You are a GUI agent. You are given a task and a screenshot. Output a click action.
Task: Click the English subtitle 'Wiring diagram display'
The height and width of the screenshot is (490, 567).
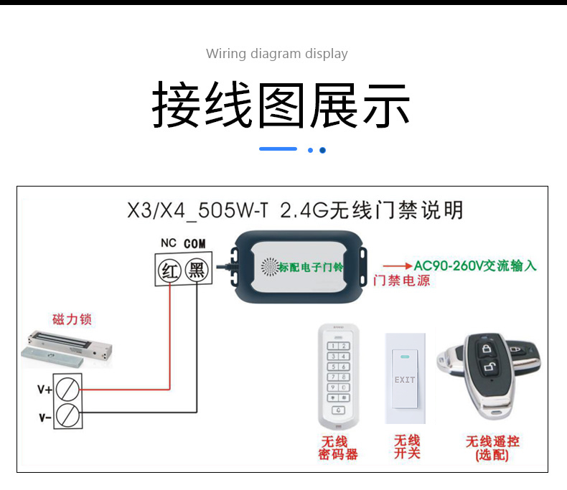(277, 54)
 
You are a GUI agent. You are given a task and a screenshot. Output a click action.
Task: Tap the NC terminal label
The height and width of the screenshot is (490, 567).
(169, 242)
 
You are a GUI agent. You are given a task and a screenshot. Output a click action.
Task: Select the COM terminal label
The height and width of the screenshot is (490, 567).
(195, 244)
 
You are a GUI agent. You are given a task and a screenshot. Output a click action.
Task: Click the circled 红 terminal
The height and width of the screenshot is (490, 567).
(169, 270)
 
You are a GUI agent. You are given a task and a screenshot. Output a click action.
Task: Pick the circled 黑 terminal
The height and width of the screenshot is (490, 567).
(197, 270)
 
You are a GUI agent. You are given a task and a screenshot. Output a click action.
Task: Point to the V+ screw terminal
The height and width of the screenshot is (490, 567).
(67, 389)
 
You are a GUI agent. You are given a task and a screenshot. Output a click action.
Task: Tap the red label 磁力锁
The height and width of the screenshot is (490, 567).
(72, 319)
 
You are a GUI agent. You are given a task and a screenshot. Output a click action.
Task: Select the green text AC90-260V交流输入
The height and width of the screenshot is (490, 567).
(475, 265)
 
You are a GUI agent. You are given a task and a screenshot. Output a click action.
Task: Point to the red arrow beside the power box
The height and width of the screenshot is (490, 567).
(398, 266)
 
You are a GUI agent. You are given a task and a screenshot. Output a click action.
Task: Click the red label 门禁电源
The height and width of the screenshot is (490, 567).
(402, 281)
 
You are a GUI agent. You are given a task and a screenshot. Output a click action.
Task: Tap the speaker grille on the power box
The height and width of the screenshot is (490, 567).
(270, 267)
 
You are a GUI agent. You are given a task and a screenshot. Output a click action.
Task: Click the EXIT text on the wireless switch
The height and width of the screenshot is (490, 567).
(405, 380)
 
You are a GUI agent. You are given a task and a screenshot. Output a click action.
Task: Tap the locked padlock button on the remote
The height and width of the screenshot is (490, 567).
(487, 349)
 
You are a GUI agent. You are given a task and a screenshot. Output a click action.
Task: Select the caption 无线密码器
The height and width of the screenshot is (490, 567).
(338, 448)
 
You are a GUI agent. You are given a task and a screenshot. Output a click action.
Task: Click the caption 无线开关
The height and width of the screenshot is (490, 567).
(407, 447)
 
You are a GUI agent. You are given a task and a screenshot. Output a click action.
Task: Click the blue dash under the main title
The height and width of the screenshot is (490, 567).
(278, 149)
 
